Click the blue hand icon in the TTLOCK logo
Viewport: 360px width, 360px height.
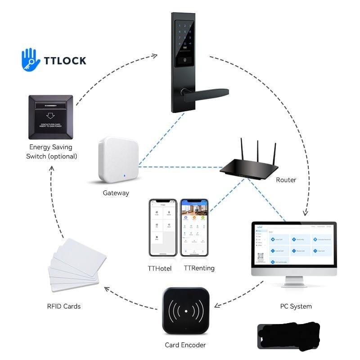[30, 59]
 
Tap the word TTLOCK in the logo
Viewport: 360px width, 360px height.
[65, 60]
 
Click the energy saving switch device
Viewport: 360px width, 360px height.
[50, 117]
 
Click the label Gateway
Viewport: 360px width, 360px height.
[116, 193]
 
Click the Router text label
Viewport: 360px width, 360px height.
[286, 180]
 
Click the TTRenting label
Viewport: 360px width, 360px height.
[199, 268]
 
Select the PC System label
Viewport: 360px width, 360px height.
[296, 306]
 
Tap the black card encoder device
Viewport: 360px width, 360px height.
[185, 310]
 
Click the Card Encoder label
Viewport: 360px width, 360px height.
[185, 345]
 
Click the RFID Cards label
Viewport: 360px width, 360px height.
[64, 306]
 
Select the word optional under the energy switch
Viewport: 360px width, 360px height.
[63, 156]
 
